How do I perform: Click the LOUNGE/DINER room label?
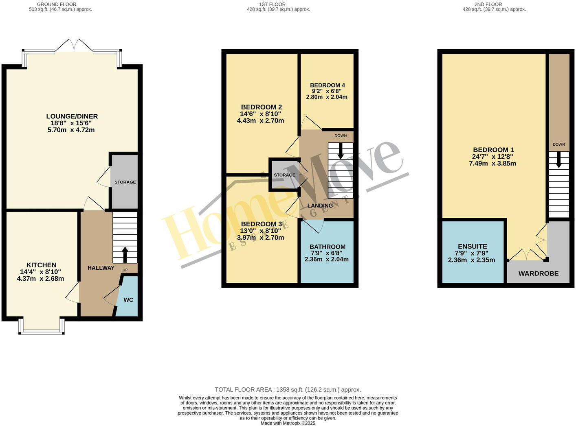coord(72,116)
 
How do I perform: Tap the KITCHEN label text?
coord(41,265)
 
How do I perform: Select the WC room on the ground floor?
coord(128,300)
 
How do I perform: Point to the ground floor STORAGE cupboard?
coord(125,182)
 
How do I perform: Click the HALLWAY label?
coord(101,268)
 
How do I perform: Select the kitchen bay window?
coord(41,326)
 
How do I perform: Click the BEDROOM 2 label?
coord(261,107)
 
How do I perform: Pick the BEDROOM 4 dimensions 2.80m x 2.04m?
coord(327,97)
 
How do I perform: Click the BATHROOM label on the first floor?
coord(327,247)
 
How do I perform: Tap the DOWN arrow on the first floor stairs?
coord(340,151)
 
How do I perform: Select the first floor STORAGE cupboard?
coord(284,175)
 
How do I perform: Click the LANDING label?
coord(320,205)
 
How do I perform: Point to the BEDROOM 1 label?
coord(493,150)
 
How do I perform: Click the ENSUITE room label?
coord(472,246)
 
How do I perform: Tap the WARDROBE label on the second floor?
coord(538,273)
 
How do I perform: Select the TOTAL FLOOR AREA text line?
coord(288,389)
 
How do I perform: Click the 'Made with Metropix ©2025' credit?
coord(288,423)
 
